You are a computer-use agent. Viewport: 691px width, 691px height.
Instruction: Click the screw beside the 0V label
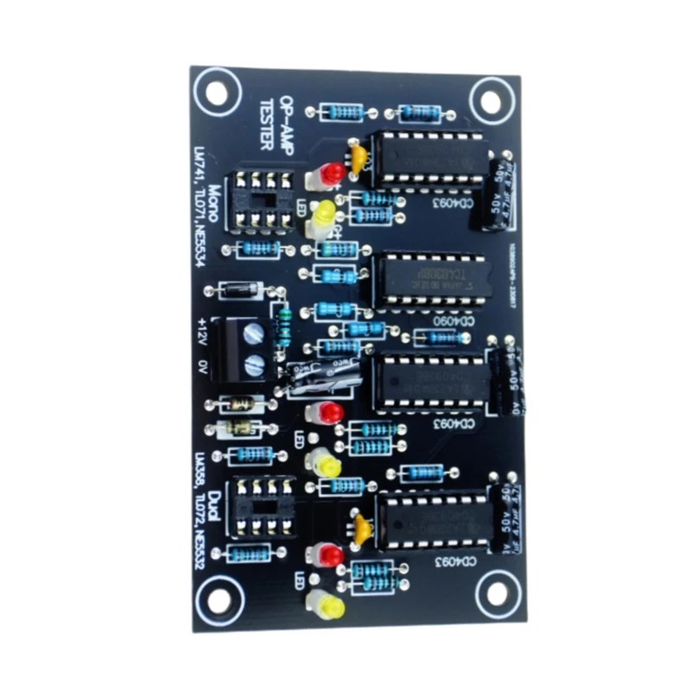click(252, 364)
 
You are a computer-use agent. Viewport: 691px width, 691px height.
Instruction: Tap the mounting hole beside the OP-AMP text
click(217, 91)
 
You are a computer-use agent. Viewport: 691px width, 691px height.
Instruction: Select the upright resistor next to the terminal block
click(282, 327)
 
